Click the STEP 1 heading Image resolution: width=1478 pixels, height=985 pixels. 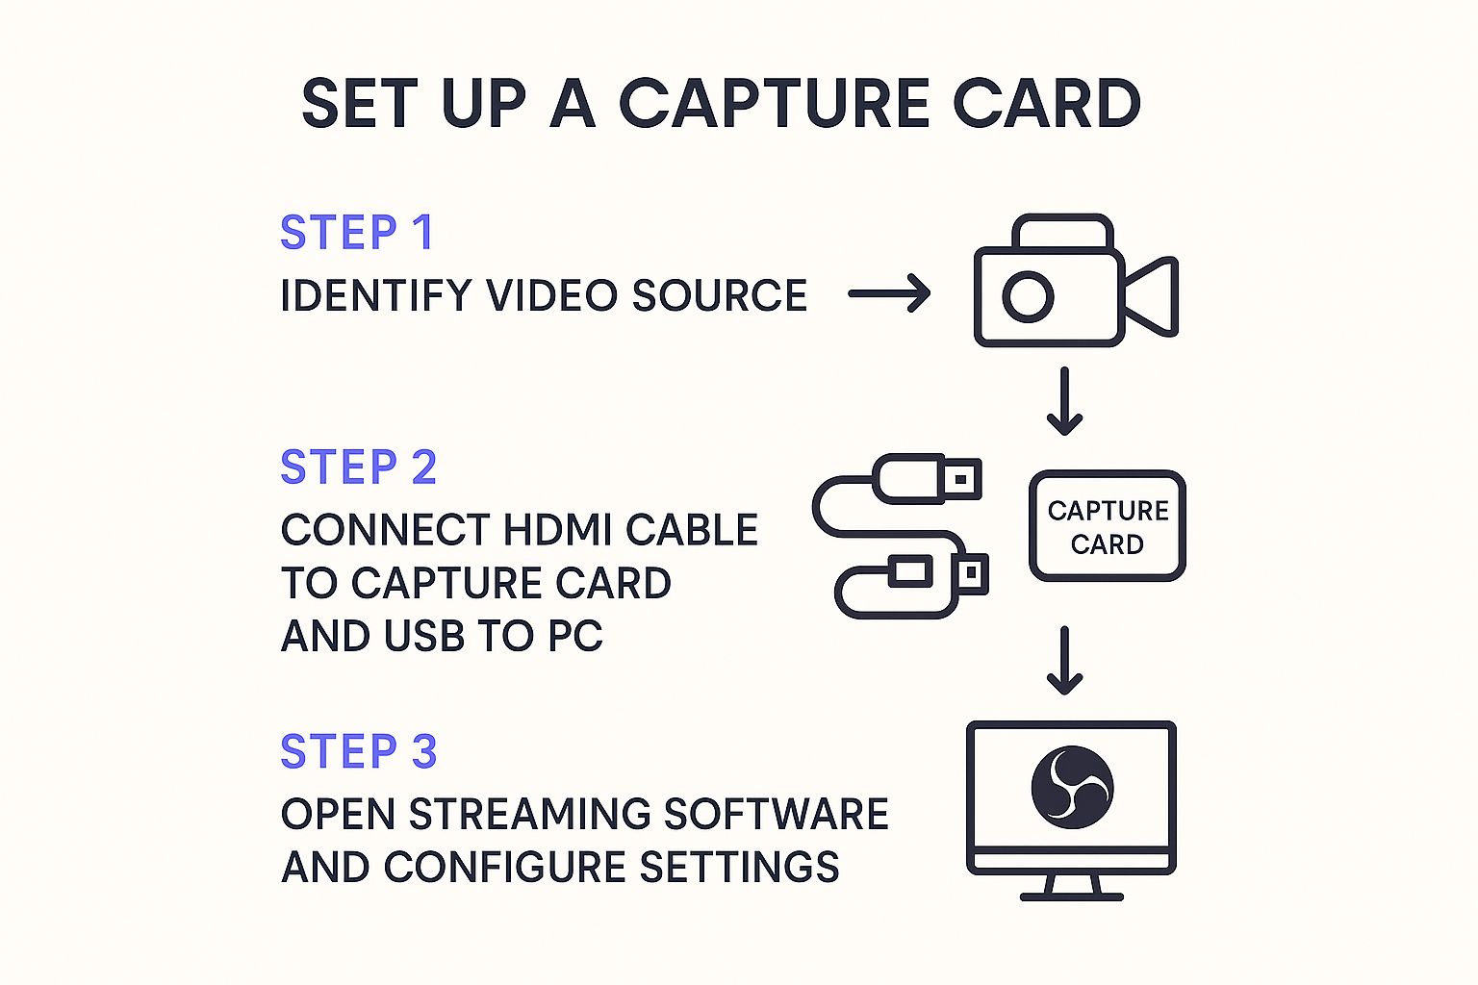pos(356,233)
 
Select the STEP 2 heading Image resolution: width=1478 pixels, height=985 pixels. pos(358,467)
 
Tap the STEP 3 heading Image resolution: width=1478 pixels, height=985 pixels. pos(358,751)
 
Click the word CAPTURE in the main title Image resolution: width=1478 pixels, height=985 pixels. pos(774,104)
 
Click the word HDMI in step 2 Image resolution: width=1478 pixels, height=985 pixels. pos(557,530)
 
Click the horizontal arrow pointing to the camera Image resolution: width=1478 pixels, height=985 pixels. pos(889,293)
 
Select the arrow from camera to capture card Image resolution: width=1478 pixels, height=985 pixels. pos(1064,400)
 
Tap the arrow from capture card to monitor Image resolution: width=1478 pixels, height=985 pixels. pos(1064,660)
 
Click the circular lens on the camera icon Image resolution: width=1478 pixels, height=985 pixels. pos(1028,295)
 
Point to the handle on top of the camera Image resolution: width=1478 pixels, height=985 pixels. pos(1062,230)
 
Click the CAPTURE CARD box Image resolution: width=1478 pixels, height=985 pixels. pos(1107,526)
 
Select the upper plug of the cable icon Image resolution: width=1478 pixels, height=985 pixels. pos(930,478)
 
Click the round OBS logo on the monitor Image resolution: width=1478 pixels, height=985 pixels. pos(1072,787)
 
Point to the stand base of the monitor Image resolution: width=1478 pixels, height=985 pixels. pos(1071,896)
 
